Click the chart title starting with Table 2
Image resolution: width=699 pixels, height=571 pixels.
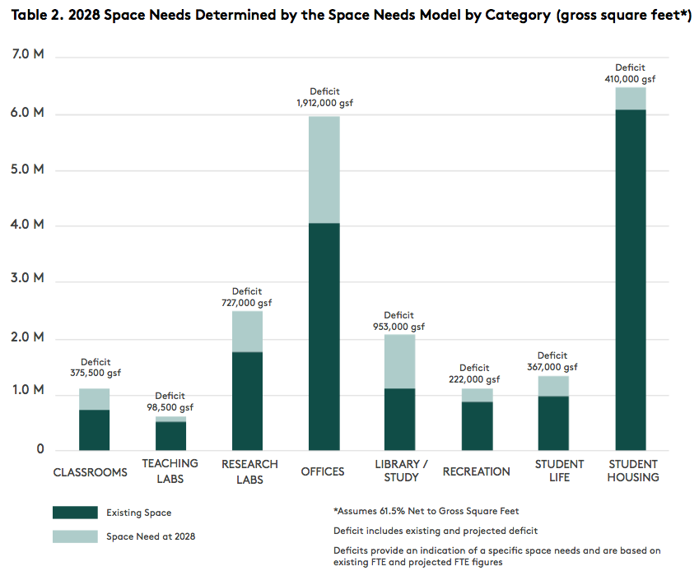[349, 15]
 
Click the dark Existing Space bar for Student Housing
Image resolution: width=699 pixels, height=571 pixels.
[630, 280]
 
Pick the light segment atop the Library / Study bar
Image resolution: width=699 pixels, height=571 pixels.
[400, 361]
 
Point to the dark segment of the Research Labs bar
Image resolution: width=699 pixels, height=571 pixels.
[247, 401]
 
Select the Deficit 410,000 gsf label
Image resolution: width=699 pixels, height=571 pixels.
[630, 73]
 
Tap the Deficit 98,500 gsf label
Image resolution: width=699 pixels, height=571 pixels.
[170, 402]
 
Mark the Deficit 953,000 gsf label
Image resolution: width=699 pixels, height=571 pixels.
[400, 321]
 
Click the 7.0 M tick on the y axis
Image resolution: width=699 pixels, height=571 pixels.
[28, 55]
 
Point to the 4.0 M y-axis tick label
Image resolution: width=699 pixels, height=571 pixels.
[28, 224]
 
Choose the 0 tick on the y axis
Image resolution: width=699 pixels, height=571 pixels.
[40, 449]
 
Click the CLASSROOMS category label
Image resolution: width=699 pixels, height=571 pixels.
[91, 472]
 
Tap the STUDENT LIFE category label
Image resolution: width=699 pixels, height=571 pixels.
[559, 471]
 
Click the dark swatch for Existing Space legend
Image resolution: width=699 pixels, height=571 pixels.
[76, 513]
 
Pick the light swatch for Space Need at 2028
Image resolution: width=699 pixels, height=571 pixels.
[76, 536]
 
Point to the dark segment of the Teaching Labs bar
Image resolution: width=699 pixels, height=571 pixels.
[170, 435]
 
